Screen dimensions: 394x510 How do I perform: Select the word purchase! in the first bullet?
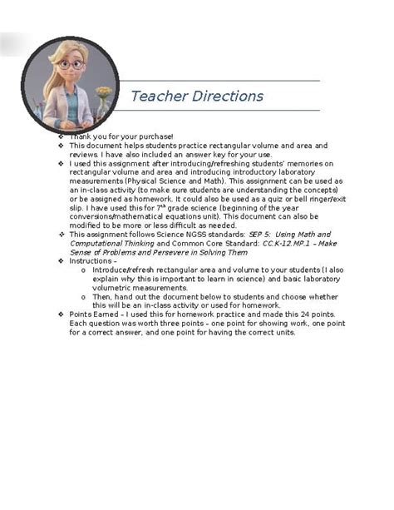[x=157, y=136]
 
